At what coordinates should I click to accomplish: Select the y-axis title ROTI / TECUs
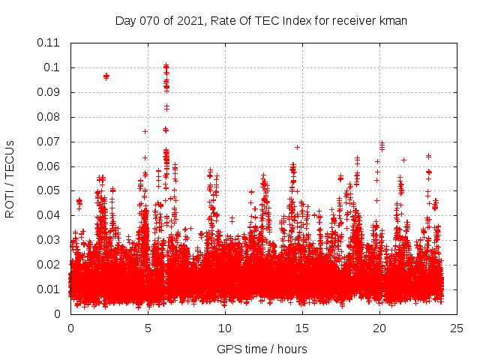(x=10, y=178)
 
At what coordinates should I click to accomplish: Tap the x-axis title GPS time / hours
(x=262, y=349)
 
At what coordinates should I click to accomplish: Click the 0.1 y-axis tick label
(x=52, y=67)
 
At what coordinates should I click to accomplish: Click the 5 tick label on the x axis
(x=148, y=328)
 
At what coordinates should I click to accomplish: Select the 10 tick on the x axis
(x=225, y=328)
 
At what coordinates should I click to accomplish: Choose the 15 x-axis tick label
(x=302, y=328)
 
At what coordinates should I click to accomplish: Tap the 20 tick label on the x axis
(x=379, y=328)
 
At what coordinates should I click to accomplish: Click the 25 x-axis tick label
(x=457, y=328)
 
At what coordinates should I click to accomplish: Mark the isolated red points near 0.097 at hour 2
(x=106, y=76)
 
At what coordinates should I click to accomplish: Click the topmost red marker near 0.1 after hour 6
(x=166, y=66)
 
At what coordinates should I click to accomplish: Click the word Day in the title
(x=126, y=20)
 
